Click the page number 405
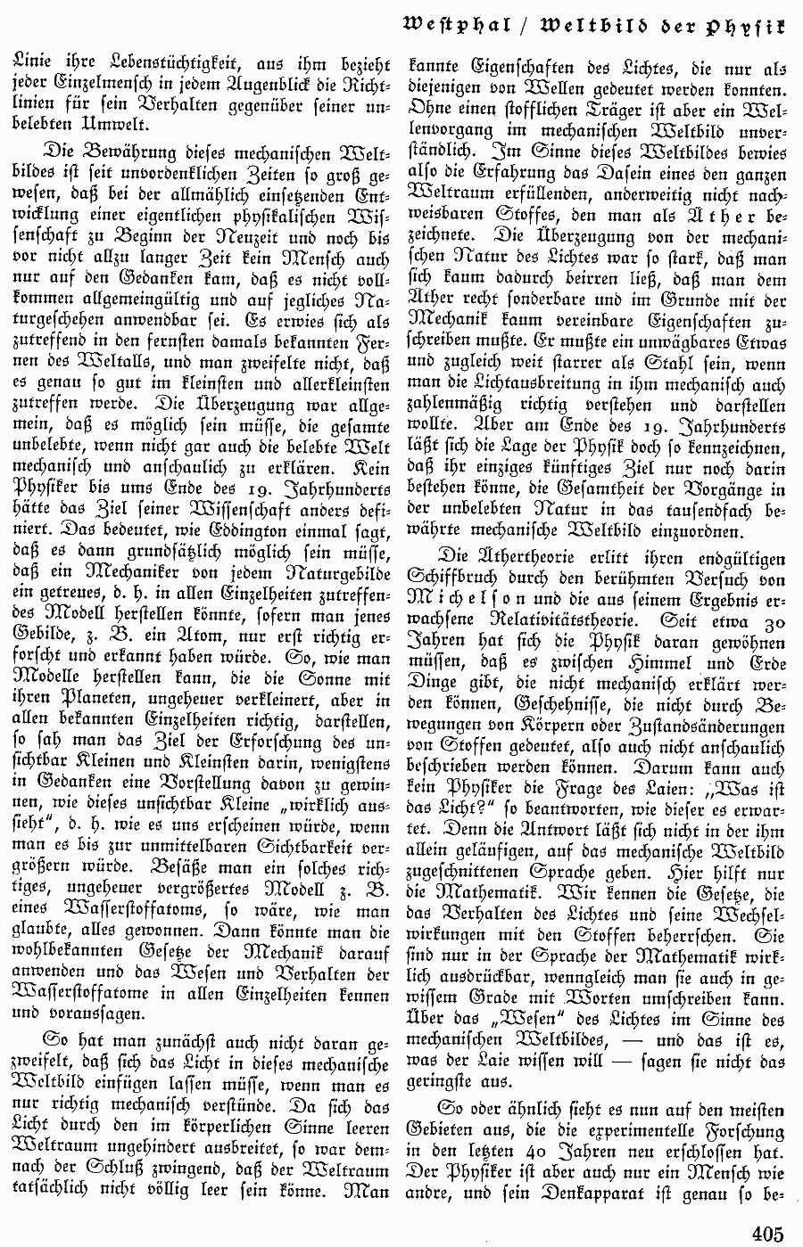(767, 1233)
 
